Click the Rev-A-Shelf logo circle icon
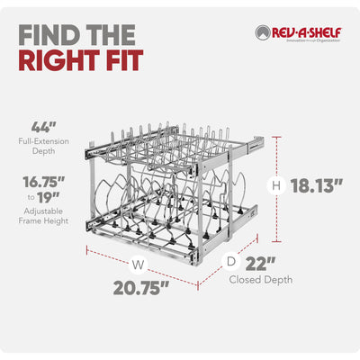pos(263,32)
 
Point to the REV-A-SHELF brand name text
pos(307,32)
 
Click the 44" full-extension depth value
pos(44,127)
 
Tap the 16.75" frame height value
pos(44,182)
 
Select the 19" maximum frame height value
pos(49,197)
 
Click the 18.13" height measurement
pos(316,186)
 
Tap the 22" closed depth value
pos(260,264)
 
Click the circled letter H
pos(276,186)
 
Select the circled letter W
pos(139,265)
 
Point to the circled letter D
pos(231,262)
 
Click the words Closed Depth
pos(261,280)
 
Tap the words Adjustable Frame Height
pos(44,216)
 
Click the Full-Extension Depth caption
pos(44,146)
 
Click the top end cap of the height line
pos(276,137)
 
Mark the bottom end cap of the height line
pos(276,241)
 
